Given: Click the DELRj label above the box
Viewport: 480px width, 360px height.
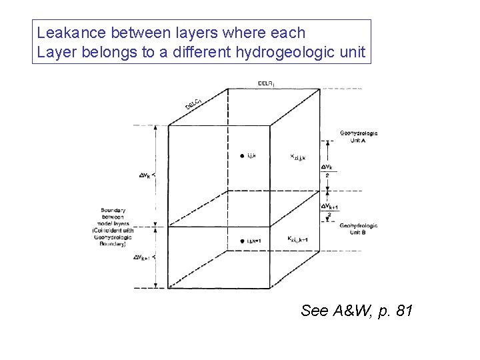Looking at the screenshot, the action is coord(265,83).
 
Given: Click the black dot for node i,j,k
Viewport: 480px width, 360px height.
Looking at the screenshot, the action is coord(241,156).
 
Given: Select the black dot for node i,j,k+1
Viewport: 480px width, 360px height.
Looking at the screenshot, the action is coord(241,241).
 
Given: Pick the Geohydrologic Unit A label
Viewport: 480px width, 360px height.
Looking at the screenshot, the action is coord(358,137).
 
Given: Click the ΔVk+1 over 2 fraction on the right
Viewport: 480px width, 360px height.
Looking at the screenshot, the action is coord(330,210).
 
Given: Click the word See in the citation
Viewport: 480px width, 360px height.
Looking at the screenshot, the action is coord(314,311).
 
